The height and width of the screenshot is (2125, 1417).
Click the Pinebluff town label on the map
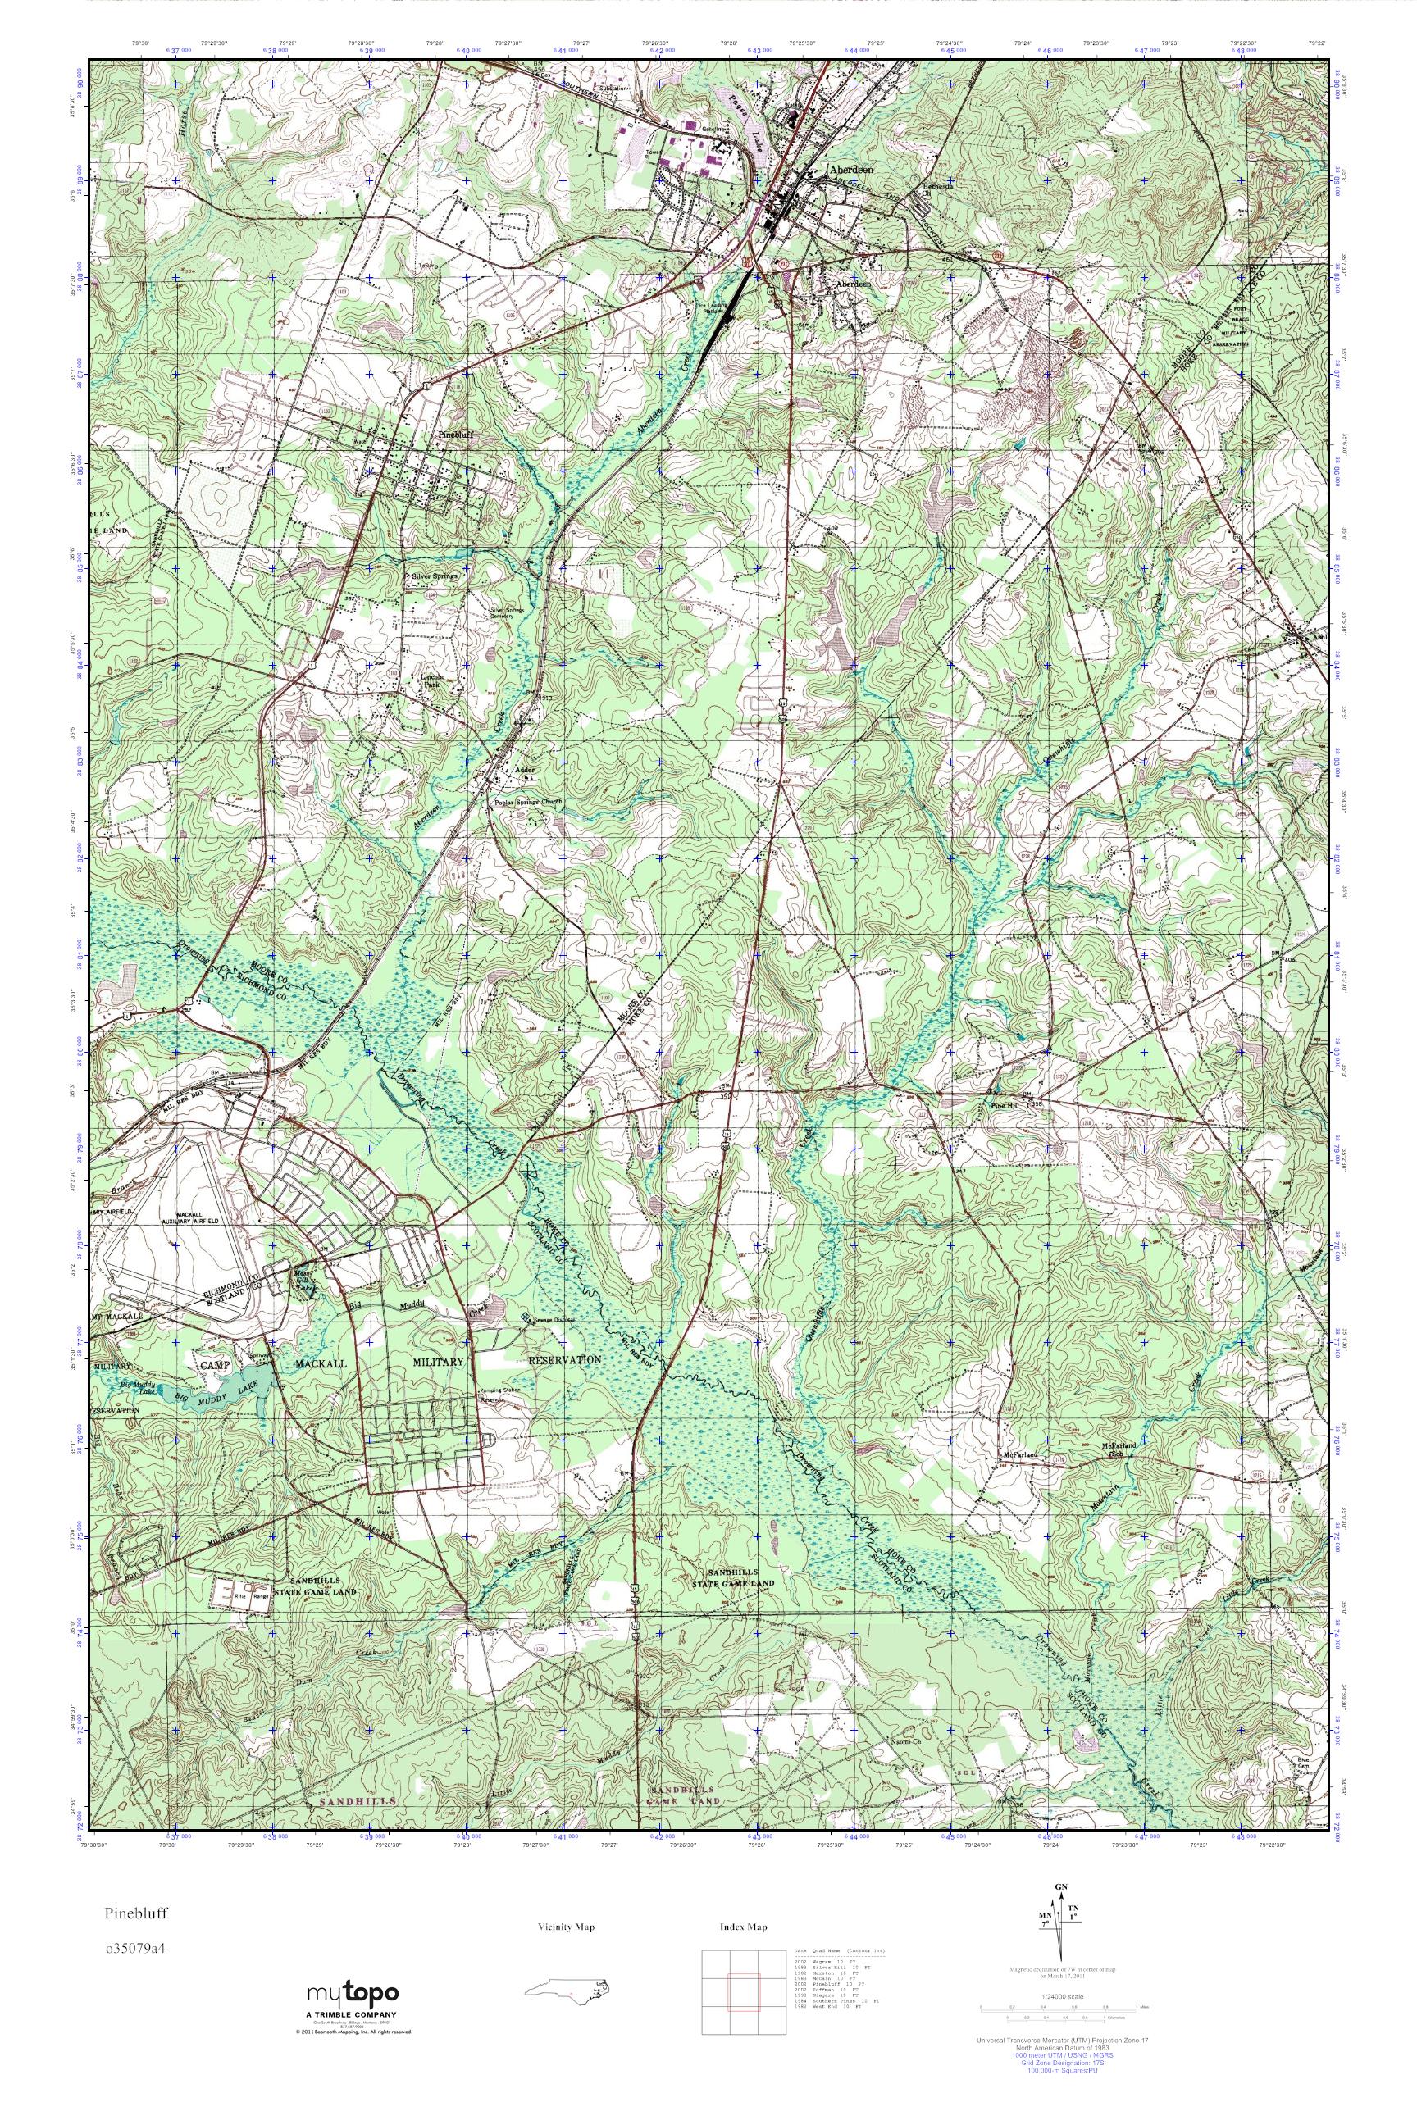455,435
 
